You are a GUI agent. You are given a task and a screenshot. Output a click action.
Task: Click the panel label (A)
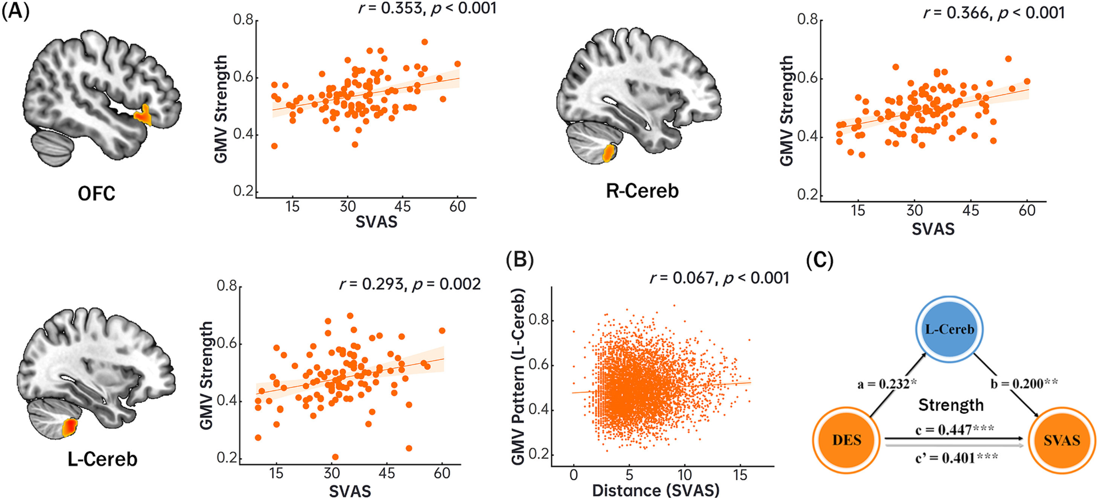pos(15,11)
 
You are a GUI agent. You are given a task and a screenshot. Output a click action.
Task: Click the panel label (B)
pos(519,259)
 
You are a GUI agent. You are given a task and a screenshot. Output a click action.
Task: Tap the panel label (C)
pos(819,260)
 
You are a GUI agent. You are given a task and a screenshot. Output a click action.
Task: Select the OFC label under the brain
pos(97,193)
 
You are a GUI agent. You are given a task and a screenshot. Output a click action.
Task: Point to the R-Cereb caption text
pos(642,191)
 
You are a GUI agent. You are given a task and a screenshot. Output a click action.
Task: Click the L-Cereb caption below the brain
pos(102,459)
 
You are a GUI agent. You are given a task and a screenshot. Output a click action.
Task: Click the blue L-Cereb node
pos(950,329)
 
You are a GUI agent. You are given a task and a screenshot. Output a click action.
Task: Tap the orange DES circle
pos(847,440)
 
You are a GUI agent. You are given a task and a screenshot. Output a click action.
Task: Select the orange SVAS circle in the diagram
pos(1062,440)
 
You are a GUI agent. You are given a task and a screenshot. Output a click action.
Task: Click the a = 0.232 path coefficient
pos(887,384)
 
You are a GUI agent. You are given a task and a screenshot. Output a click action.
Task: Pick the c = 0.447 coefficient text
pos(954,429)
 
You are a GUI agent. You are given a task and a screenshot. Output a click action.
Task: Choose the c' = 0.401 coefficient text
pos(956,458)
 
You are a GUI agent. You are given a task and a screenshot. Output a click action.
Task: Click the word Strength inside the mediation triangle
pos(951,405)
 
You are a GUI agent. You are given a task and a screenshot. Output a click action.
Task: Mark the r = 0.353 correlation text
pos(427,8)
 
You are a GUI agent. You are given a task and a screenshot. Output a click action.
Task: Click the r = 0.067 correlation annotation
pos(719,278)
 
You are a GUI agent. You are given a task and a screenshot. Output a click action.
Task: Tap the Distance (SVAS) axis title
pos(655,490)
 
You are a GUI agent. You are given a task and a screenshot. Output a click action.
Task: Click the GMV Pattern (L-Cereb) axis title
pos(518,377)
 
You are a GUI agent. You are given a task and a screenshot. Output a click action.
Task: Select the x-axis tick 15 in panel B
pos(740,475)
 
